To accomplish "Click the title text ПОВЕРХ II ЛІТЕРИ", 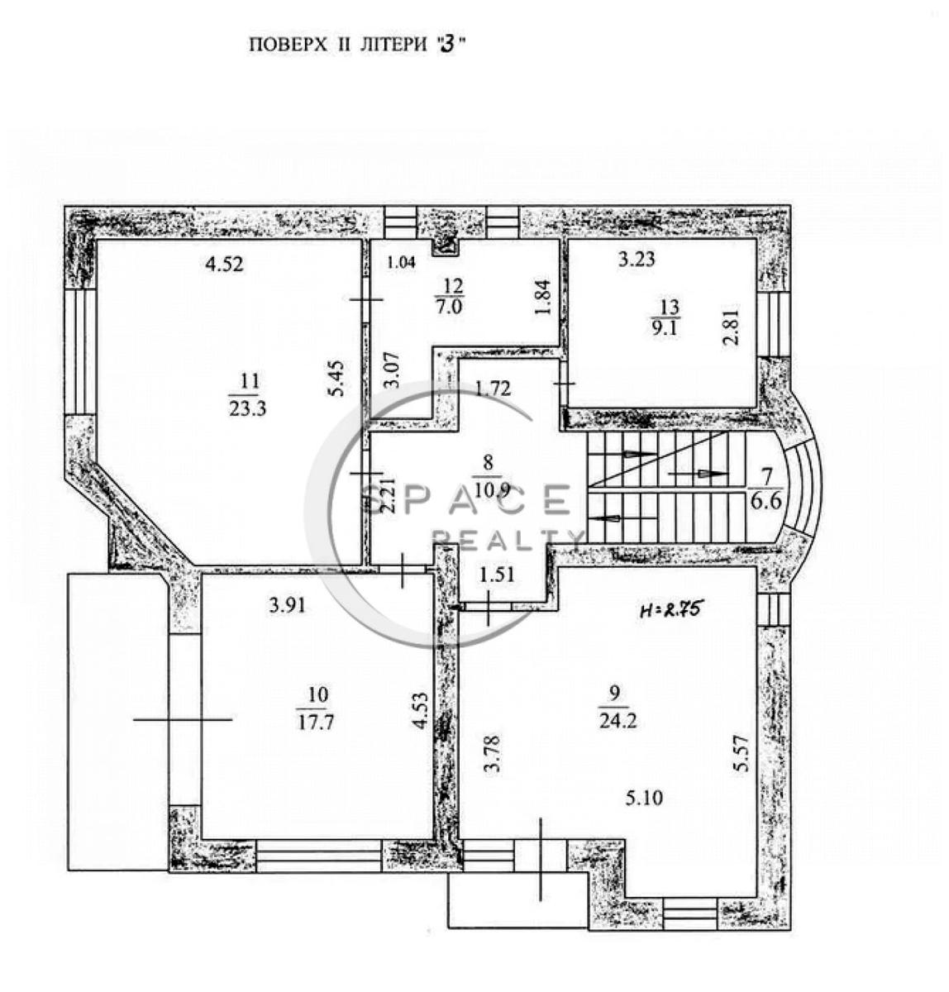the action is [338, 45].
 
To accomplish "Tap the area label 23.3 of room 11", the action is [247, 408].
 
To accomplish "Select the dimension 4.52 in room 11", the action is [224, 264].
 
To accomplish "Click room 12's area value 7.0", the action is [449, 308].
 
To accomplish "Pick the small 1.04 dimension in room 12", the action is [401, 263].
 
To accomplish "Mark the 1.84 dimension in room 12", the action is [543, 298].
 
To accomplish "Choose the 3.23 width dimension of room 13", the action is [637, 260].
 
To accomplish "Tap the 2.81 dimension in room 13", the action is [731, 328].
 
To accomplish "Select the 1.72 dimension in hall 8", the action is [493, 389].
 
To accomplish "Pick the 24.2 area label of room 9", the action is [618, 722].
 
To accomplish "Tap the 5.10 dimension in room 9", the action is [644, 798].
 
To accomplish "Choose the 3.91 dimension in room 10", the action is [288, 606].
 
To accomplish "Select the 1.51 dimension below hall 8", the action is [497, 575].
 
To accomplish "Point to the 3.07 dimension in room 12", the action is [391, 370].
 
